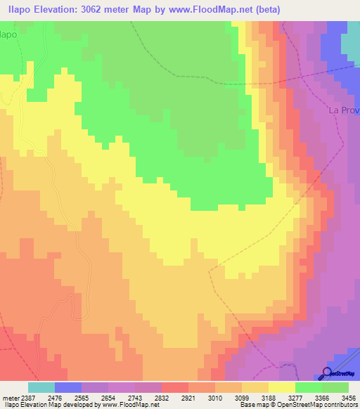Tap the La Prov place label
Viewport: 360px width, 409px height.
point(343,110)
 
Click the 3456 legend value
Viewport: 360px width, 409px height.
point(347,397)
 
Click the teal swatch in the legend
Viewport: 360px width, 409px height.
point(41,387)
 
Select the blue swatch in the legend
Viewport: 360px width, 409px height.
point(68,387)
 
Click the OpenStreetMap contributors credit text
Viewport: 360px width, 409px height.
point(319,405)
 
